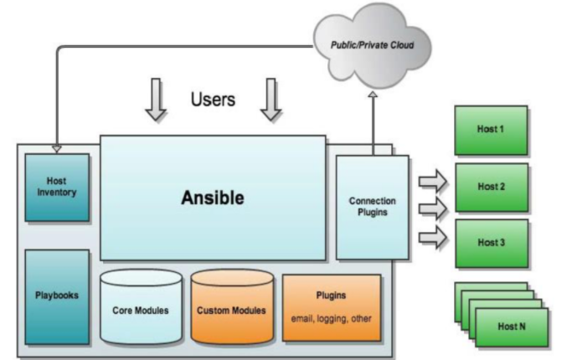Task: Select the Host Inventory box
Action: click(57, 187)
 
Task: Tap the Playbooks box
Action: click(57, 296)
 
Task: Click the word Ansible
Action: click(213, 198)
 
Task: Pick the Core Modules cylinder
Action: click(140, 309)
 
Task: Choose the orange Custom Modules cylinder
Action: click(231, 309)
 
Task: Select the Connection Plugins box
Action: click(373, 206)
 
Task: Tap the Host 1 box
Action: click(491, 130)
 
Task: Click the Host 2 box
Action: click(491, 187)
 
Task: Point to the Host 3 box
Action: click(491, 243)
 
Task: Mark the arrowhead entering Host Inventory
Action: click(56, 148)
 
